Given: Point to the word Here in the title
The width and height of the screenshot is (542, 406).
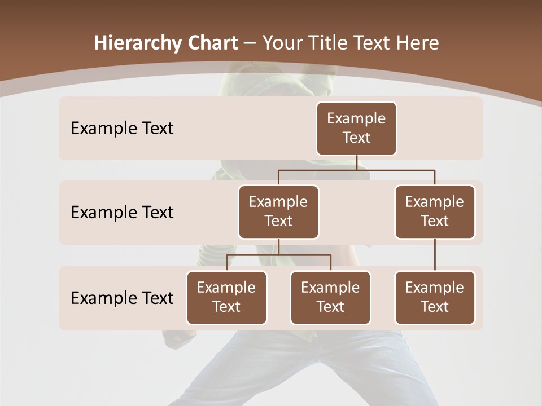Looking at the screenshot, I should pyautogui.click(x=417, y=43).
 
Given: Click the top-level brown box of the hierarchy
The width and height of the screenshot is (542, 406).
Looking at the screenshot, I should pyautogui.click(x=356, y=128).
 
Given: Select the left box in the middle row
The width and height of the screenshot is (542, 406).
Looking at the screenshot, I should pyautogui.click(x=278, y=211).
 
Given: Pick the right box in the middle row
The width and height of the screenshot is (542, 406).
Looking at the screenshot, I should pyautogui.click(x=435, y=211).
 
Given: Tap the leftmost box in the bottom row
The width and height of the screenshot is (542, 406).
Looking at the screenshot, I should pyautogui.click(x=226, y=297).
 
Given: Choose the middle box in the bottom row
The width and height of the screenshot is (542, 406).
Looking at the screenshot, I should pyautogui.click(x=330, y=297).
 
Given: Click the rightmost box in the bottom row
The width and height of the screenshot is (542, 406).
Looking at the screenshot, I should pyautogui.click(x=435, y=297).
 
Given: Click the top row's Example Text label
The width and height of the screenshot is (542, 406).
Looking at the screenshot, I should pyautogui.click(x=122, y=129).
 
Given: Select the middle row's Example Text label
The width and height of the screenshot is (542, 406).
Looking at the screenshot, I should pyautogui.click(x=122, y=213).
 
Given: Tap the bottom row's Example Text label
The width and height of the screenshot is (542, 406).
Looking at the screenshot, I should pyautogui.click(x=122, y=298).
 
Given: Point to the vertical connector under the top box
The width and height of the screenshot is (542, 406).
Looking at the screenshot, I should pyautogui.click(x=356, y=162).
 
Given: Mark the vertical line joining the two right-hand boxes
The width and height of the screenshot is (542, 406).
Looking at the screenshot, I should pyautogui.click(x=435, y=255).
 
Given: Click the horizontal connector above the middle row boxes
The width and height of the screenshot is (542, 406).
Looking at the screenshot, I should pyautogui.click(x=356, y=170).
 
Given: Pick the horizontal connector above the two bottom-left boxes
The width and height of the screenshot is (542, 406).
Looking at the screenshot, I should pyautogui.click(x=278, y=255).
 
